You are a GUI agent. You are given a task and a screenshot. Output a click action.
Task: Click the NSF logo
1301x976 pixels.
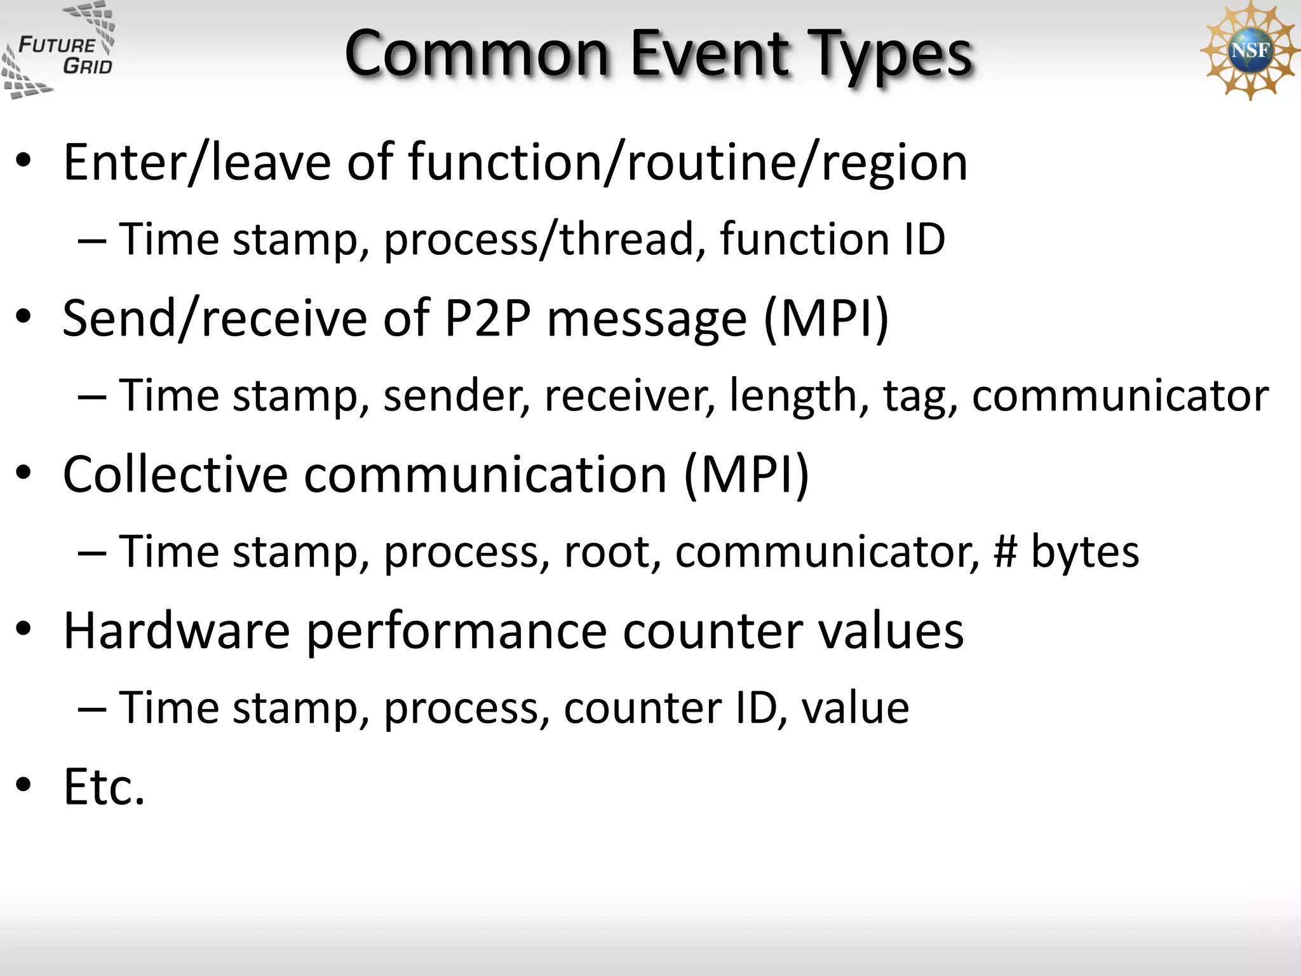(1248, 50)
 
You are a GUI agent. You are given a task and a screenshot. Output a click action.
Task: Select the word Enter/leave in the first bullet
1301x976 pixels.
(197, 163)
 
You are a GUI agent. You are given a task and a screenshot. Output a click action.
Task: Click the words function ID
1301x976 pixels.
(832, 240)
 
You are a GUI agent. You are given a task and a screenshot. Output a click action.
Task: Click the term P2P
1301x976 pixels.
(487, 318)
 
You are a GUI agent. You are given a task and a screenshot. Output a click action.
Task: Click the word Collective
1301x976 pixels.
(175, 474)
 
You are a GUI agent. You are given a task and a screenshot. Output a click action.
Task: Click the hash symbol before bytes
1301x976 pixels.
(1006, 552)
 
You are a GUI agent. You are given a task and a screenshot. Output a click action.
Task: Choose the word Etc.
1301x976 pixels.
(104, 787)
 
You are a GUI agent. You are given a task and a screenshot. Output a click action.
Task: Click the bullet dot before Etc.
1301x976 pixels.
(24, 785)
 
